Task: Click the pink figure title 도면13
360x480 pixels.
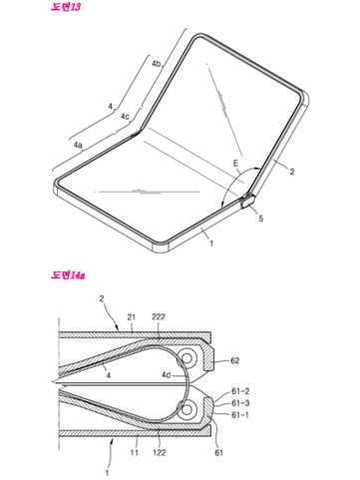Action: point(66,7)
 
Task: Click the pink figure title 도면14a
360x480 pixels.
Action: point(68,275)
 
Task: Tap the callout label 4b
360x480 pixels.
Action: point(157,64)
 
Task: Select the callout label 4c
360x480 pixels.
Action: point(125,117)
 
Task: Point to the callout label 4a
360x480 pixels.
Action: point(78,145)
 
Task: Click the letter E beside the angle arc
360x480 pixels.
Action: point(235,163)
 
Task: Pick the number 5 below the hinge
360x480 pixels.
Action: point(261,219)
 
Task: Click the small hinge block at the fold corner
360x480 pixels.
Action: point(247,202)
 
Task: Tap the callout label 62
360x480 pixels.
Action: point(234,360)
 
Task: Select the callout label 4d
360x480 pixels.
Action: point(167,375)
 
